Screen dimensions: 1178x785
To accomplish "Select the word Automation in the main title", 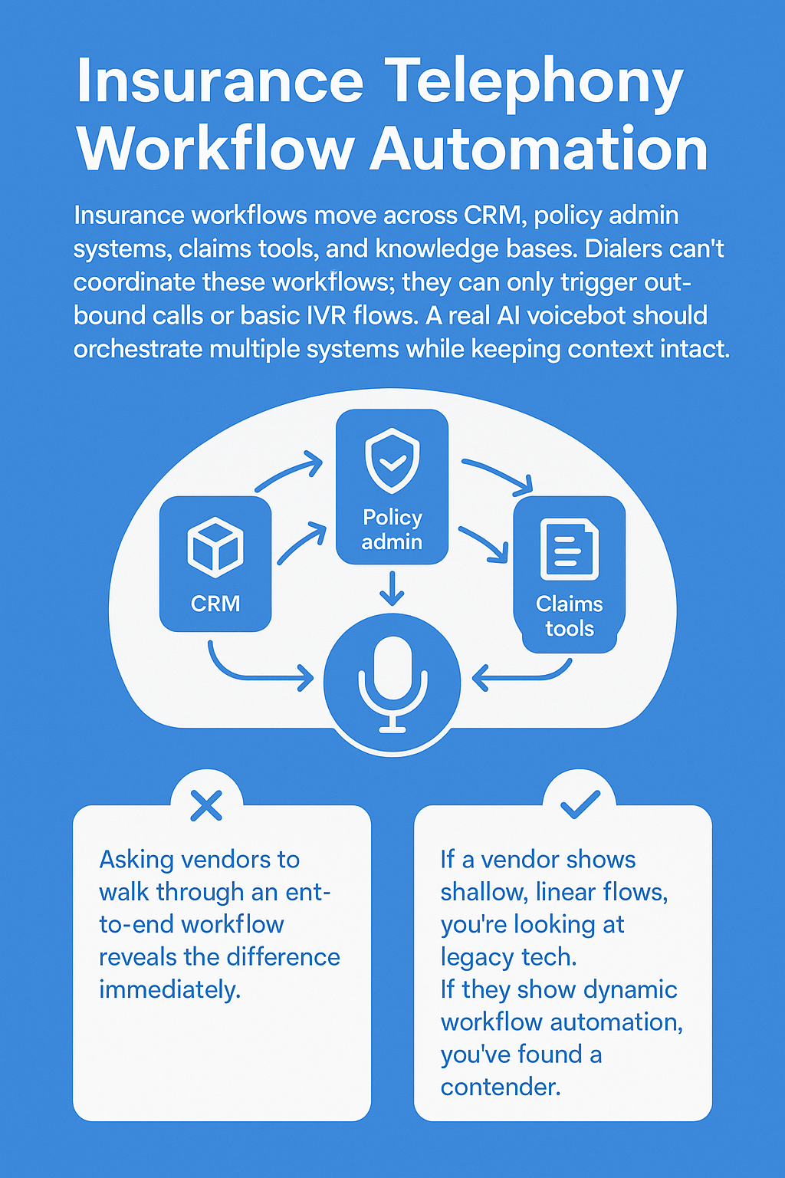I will [x=539, y=150].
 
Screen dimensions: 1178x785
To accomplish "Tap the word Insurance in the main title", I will [x=220, y=81].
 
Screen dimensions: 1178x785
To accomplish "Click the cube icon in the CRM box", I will [x=215, y=547].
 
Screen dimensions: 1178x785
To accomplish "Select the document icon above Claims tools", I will [x=569, y=548].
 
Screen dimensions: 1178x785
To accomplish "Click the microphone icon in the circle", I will [x=392, y=683].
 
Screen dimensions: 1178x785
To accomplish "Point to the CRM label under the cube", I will [x=215, y=604].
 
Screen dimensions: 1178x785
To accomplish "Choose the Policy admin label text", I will [x=392, y=529].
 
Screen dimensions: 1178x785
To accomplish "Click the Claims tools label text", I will [x=570, y=616].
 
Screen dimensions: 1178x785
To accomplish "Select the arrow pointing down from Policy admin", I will [x=392, y=588].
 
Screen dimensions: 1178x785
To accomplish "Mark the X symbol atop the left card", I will [x=206, y=805].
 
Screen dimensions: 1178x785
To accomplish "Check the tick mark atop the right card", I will [x=580, y=804].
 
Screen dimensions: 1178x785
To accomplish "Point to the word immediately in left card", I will [x=169, y=990].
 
